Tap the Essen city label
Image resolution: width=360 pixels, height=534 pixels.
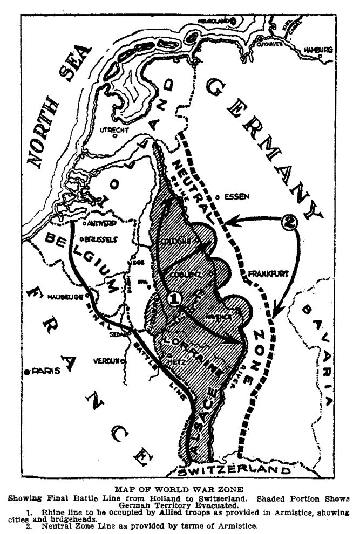[x=236, y=197]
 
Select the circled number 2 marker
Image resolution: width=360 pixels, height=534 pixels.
[x=290, y=222]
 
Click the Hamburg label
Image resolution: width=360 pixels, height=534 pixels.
[x=316, y=50]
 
